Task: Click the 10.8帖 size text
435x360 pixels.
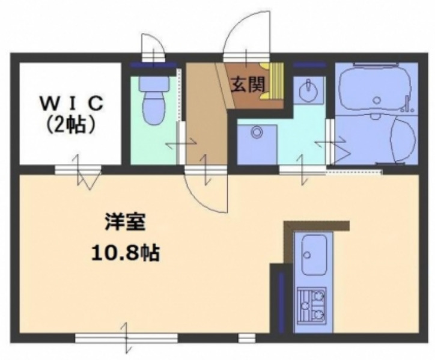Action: pos(124,254)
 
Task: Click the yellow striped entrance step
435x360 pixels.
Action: pos(277,84)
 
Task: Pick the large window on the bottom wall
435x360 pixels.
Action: pos(126,337)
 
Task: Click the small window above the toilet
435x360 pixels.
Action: pos(153,63)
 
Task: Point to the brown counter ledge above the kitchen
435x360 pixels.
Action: pos(316,226)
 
